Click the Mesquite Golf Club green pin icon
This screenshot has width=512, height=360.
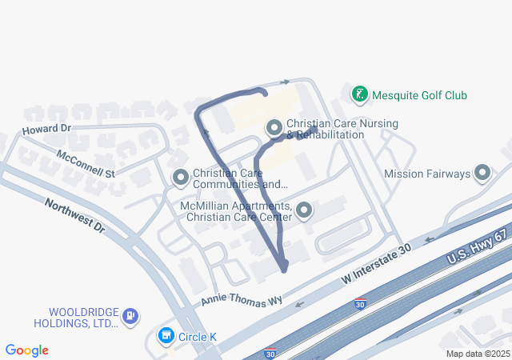[360, 95]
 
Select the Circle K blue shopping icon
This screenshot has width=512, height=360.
[166, 336]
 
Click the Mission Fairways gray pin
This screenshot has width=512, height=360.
[482, 173]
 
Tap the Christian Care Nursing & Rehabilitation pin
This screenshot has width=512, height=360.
[274, 128]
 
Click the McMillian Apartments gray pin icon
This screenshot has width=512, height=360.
[304, 211]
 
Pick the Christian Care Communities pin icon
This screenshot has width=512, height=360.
[180, 177]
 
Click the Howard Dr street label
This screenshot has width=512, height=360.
[47, 129]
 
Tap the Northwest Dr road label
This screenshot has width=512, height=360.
[75, 215]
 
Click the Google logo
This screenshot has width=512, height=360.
[26, 350]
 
